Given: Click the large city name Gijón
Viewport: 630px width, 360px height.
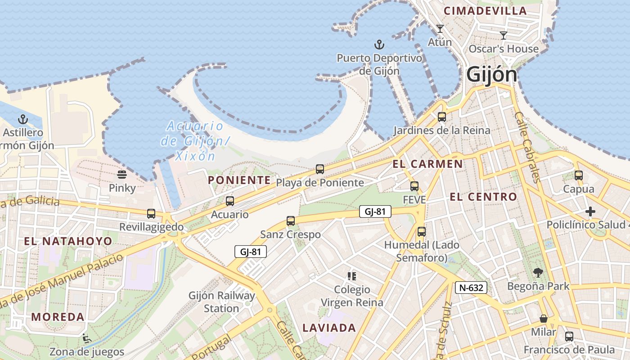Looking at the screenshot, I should coord(491,74).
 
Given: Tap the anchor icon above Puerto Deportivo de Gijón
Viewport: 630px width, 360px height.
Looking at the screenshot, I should coord(379,45).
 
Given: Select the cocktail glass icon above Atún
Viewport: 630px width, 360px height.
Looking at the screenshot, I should coord(440,29).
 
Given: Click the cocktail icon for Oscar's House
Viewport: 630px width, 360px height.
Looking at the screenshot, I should coord(504,35).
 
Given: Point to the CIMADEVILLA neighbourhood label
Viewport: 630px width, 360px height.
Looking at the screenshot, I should coord(485,11).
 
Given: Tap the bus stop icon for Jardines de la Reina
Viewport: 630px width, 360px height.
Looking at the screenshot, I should coord(442,117).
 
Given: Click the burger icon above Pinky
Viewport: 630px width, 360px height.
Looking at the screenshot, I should coord(122,174).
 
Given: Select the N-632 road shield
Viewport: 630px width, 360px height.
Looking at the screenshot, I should coord(471,288).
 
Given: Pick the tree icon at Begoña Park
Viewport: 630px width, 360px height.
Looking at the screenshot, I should coord(538,272).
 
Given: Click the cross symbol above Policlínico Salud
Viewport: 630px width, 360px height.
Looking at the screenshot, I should coord(590,211).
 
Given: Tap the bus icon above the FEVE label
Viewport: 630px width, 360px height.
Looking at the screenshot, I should coord(414,186).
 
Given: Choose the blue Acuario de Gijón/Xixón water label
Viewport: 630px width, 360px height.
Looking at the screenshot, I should coord(194,141).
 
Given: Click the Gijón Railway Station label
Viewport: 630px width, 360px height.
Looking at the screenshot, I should coord(222,302).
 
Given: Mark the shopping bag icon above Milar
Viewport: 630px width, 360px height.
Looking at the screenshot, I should coord(544,319).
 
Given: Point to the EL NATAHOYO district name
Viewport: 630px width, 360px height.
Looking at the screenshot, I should coord(68,241).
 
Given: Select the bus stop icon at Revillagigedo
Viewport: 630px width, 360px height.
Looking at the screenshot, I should coord(151,213).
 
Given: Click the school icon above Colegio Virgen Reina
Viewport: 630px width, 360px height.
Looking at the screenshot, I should coord(352,276).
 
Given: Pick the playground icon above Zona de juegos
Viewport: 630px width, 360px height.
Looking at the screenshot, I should coord(86,338).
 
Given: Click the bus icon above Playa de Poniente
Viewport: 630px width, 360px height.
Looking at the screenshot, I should coord(319,169).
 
